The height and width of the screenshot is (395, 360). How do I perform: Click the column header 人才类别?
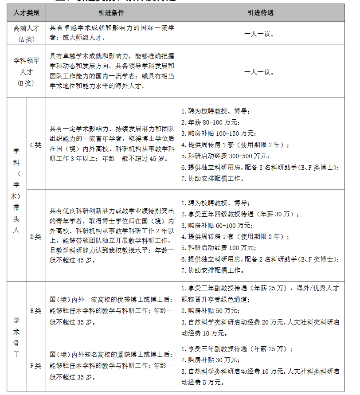pyautogui.click(x=26, y=13)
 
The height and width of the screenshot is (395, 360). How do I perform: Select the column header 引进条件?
pyautogui.click(x=112, y=13)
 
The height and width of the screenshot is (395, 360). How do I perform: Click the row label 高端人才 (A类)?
pyautogui.click(x=26, y=33)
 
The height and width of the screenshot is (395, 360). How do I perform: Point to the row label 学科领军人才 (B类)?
pyautogui.click(x=26, y=71)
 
